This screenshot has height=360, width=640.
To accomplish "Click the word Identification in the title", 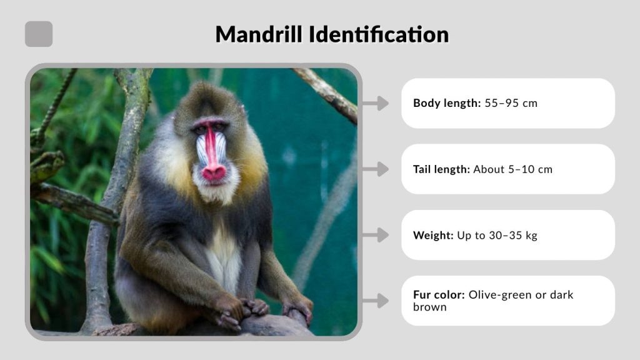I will tap(378, 34).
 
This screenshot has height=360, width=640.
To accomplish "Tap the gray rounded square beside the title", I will tap(39, 34).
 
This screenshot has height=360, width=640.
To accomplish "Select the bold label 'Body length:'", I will tap(446, 103).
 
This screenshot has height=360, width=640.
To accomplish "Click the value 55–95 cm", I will tap(511, 103).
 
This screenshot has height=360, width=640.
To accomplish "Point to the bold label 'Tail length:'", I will tap(441, 169).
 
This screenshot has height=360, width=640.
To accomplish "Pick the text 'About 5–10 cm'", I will tap(512, 169).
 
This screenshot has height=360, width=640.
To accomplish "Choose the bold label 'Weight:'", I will tap(433, 235).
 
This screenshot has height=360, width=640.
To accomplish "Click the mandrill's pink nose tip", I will tap(214, 172).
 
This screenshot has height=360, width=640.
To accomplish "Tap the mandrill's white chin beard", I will tap(216, 191).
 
